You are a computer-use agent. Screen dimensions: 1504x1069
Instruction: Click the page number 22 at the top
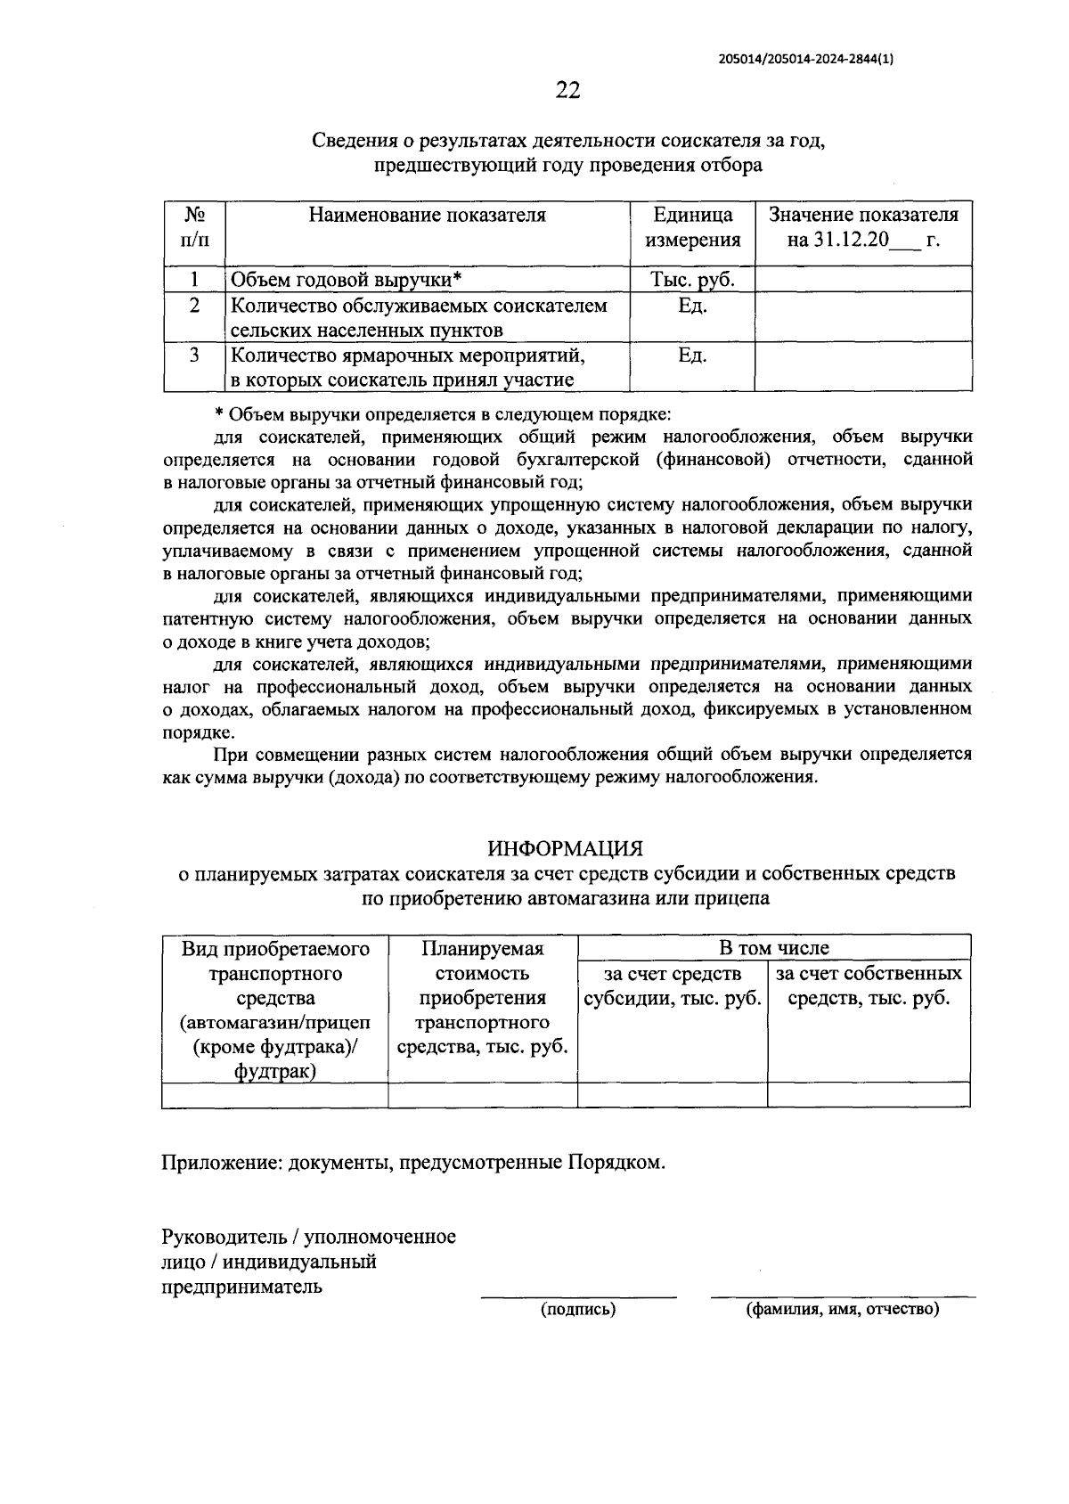point(567,90)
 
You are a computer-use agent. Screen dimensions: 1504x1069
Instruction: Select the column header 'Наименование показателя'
point(427,215)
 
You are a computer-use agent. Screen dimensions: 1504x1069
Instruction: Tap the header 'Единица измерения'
point(692,227)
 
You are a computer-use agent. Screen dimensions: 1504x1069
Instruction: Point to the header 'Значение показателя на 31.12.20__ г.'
point(863,227)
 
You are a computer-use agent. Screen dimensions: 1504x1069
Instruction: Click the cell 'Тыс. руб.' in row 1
point(692,280)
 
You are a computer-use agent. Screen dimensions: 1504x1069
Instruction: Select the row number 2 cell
point(194,306)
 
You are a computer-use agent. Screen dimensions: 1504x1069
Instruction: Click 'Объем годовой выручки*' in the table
point(346,280)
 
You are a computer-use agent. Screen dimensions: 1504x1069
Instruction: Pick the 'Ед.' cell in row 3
point(692,356)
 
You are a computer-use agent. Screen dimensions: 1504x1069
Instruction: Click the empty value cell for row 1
point(863,280)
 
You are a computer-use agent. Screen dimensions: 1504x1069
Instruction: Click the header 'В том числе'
point(773,948)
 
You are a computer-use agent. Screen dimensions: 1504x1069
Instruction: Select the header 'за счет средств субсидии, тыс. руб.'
point(673,985)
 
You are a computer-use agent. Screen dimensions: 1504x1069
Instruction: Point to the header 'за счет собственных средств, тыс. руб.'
point(869,985)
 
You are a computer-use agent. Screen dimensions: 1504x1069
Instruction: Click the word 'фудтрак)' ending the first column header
point(275,1072)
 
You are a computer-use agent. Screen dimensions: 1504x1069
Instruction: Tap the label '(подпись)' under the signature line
point(578,1309)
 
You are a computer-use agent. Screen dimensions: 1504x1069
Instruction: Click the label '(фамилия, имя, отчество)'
point(842,1309)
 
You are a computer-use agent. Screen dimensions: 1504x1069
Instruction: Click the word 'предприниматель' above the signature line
point(241,1287)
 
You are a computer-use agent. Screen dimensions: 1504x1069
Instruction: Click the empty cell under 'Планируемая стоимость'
point(483,1095)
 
